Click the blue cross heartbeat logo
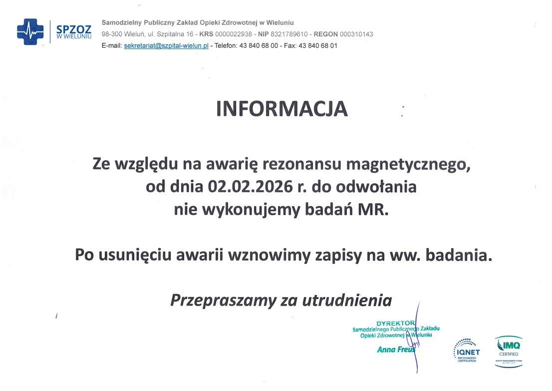pyautogui.click(x=30, y=31)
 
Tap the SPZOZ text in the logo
pyautogui.click(x=74, y=29)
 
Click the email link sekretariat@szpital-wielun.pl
pyautogui.click(x=166, y=46)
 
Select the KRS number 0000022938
pyautogui.click(x=234, y=34)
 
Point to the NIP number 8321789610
pyautogui.click(x=289, y=34)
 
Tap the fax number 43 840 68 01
pyautogui.click(x=318, y=46)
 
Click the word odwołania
pyautogui.click(x=376, y=187)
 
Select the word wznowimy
pyautogui.click(x=270, y=255)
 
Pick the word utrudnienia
pyautogui.click(x=347, y=301)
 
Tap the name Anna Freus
pyautogui.click(x=396, y=350)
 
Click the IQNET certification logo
pyautogui.click(x=467, y=350)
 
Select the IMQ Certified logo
pyautogui.click(x=509, y=352)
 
